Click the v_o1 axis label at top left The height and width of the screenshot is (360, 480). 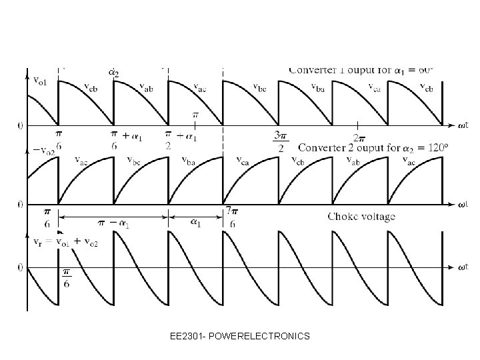[x=41, y=80]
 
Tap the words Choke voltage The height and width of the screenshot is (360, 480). [x=361, y=216]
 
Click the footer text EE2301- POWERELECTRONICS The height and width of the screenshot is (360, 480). [x=240, y=336]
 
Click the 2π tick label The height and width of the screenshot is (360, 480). [x=359, y=138]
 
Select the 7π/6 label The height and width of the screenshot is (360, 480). [x=231, y=217]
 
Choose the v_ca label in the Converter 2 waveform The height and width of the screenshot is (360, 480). [x=244, y=159]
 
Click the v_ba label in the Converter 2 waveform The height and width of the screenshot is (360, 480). [x=187, y=159]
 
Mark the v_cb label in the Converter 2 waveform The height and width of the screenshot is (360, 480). [x=299, y=159]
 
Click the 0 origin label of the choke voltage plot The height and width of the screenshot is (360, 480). [x=20, y=268]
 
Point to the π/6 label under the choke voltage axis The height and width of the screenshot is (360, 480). [x=66, y=278]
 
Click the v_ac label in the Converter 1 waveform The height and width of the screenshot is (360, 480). [x=199, y=86]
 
